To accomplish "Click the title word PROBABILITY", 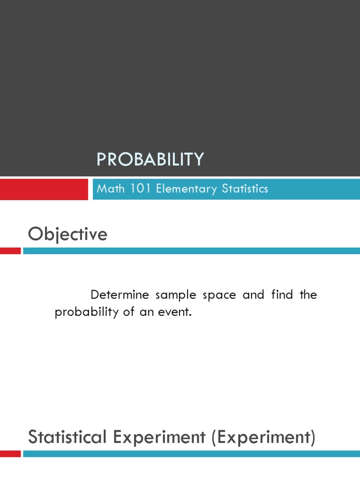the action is tap(150, 159).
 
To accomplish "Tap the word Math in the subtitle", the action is tap(111, 188).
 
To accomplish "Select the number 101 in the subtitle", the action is tap(141, 188).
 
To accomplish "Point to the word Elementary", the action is tap(186, 189).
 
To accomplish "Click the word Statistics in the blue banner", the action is tap(245, 188).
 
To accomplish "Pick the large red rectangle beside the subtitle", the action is tap(44, 189).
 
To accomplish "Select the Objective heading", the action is tap(67, 234).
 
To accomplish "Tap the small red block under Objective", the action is tap(10, 251).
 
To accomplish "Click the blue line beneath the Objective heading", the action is tap(192, 251).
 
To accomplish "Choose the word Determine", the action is tap(120, 294).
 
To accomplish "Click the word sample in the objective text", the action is tap(176, 295).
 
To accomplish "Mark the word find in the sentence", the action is tap(282, 294).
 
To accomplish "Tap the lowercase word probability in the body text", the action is tap(86, 312).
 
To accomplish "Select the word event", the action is tap(175, 312).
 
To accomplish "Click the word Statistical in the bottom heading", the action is tap(67, 437).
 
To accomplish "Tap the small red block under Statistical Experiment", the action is tap(10, 454).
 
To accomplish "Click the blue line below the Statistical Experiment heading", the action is tap(192, 454).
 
